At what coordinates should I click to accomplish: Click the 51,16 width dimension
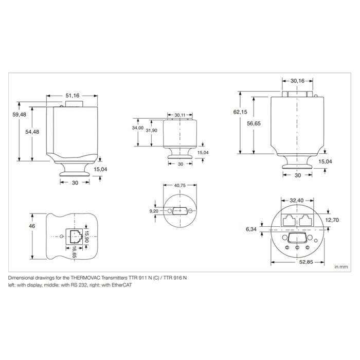[x=73, y=96]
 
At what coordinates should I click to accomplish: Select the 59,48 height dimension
[x=20, y=114]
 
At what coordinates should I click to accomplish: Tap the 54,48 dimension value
[x=32, y=132]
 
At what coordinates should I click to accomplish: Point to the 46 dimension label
[x=32, y=226]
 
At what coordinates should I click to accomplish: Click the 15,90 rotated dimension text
[x=86, y=236]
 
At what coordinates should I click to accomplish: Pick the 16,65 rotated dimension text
[x=74, y=251]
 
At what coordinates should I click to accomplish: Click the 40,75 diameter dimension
[x=180, y=185]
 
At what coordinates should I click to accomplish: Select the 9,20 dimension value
[x=154, y=211]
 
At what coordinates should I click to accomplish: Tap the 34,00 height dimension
[x=138, y=128]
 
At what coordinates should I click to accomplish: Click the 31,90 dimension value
[x=152, y=131]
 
